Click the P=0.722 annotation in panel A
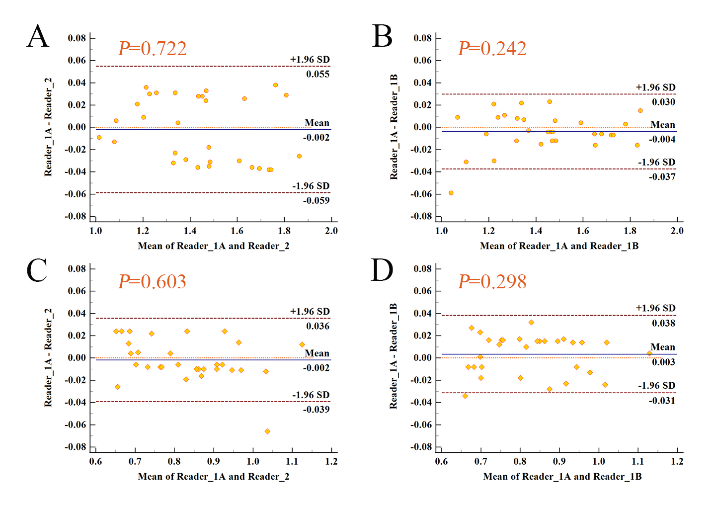153,49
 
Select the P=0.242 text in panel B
492,49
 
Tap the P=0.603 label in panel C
152,282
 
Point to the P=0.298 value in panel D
492,282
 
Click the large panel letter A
38,37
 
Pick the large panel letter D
382,270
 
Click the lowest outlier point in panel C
267,431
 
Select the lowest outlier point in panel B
451,193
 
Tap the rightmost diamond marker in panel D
649,353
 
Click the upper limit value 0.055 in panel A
317,74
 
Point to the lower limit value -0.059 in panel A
316,200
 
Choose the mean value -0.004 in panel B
662,139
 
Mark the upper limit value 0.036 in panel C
317,326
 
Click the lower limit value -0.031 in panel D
662,400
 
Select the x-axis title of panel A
213,246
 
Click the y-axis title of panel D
394,356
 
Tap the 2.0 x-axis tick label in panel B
677,231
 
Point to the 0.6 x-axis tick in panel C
95,461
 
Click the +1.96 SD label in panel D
655,308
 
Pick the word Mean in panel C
317,353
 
